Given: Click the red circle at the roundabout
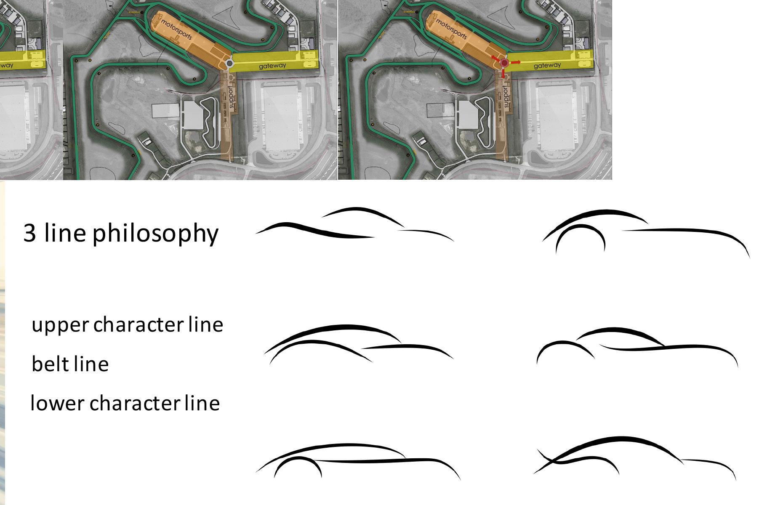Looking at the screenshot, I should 504,63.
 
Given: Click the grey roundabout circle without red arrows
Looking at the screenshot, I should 229,64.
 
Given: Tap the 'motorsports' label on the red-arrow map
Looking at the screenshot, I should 451,29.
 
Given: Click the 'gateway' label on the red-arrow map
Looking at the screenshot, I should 547,65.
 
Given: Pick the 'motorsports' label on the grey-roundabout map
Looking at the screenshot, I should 176,29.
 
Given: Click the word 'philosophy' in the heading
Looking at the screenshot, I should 155,234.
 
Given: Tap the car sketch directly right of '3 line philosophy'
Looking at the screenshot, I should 354,225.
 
